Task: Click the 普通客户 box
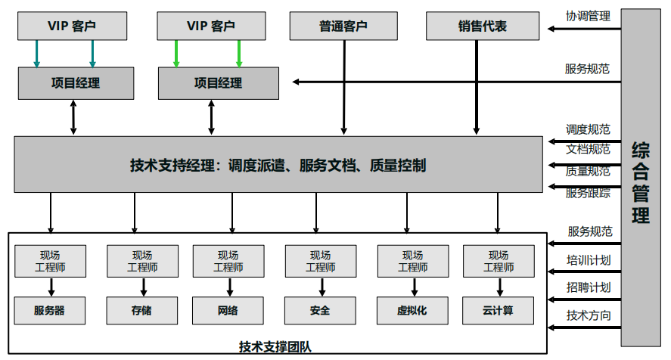pyautogui.click(x=343, y=26)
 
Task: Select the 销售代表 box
pyautogui.click(x=482, y=26)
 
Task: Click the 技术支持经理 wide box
pyautogui.click(x=278, y=164)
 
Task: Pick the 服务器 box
pyautogui.click(x=50, y=310)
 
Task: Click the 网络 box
pyautogui.click(x=228, y=310)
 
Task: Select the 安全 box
pyautogui.click(x=320, y=310)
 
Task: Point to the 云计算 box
pyautogui.click(x=498, y=310)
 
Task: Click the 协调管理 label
pyautogui.click(x=588, y=15)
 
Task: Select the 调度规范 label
pyautogui.click(x=588, y=129)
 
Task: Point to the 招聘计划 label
pyautogui.click(x=589, y=287)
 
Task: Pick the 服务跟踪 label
pyautogui.click(x=588, y=193)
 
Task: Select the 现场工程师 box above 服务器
pyautogui.click(x=50, y=261)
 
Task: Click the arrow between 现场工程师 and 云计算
pyautogui.click(x=498, y=287)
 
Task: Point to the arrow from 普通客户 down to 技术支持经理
pyautogui.click(x=343, y=87)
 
